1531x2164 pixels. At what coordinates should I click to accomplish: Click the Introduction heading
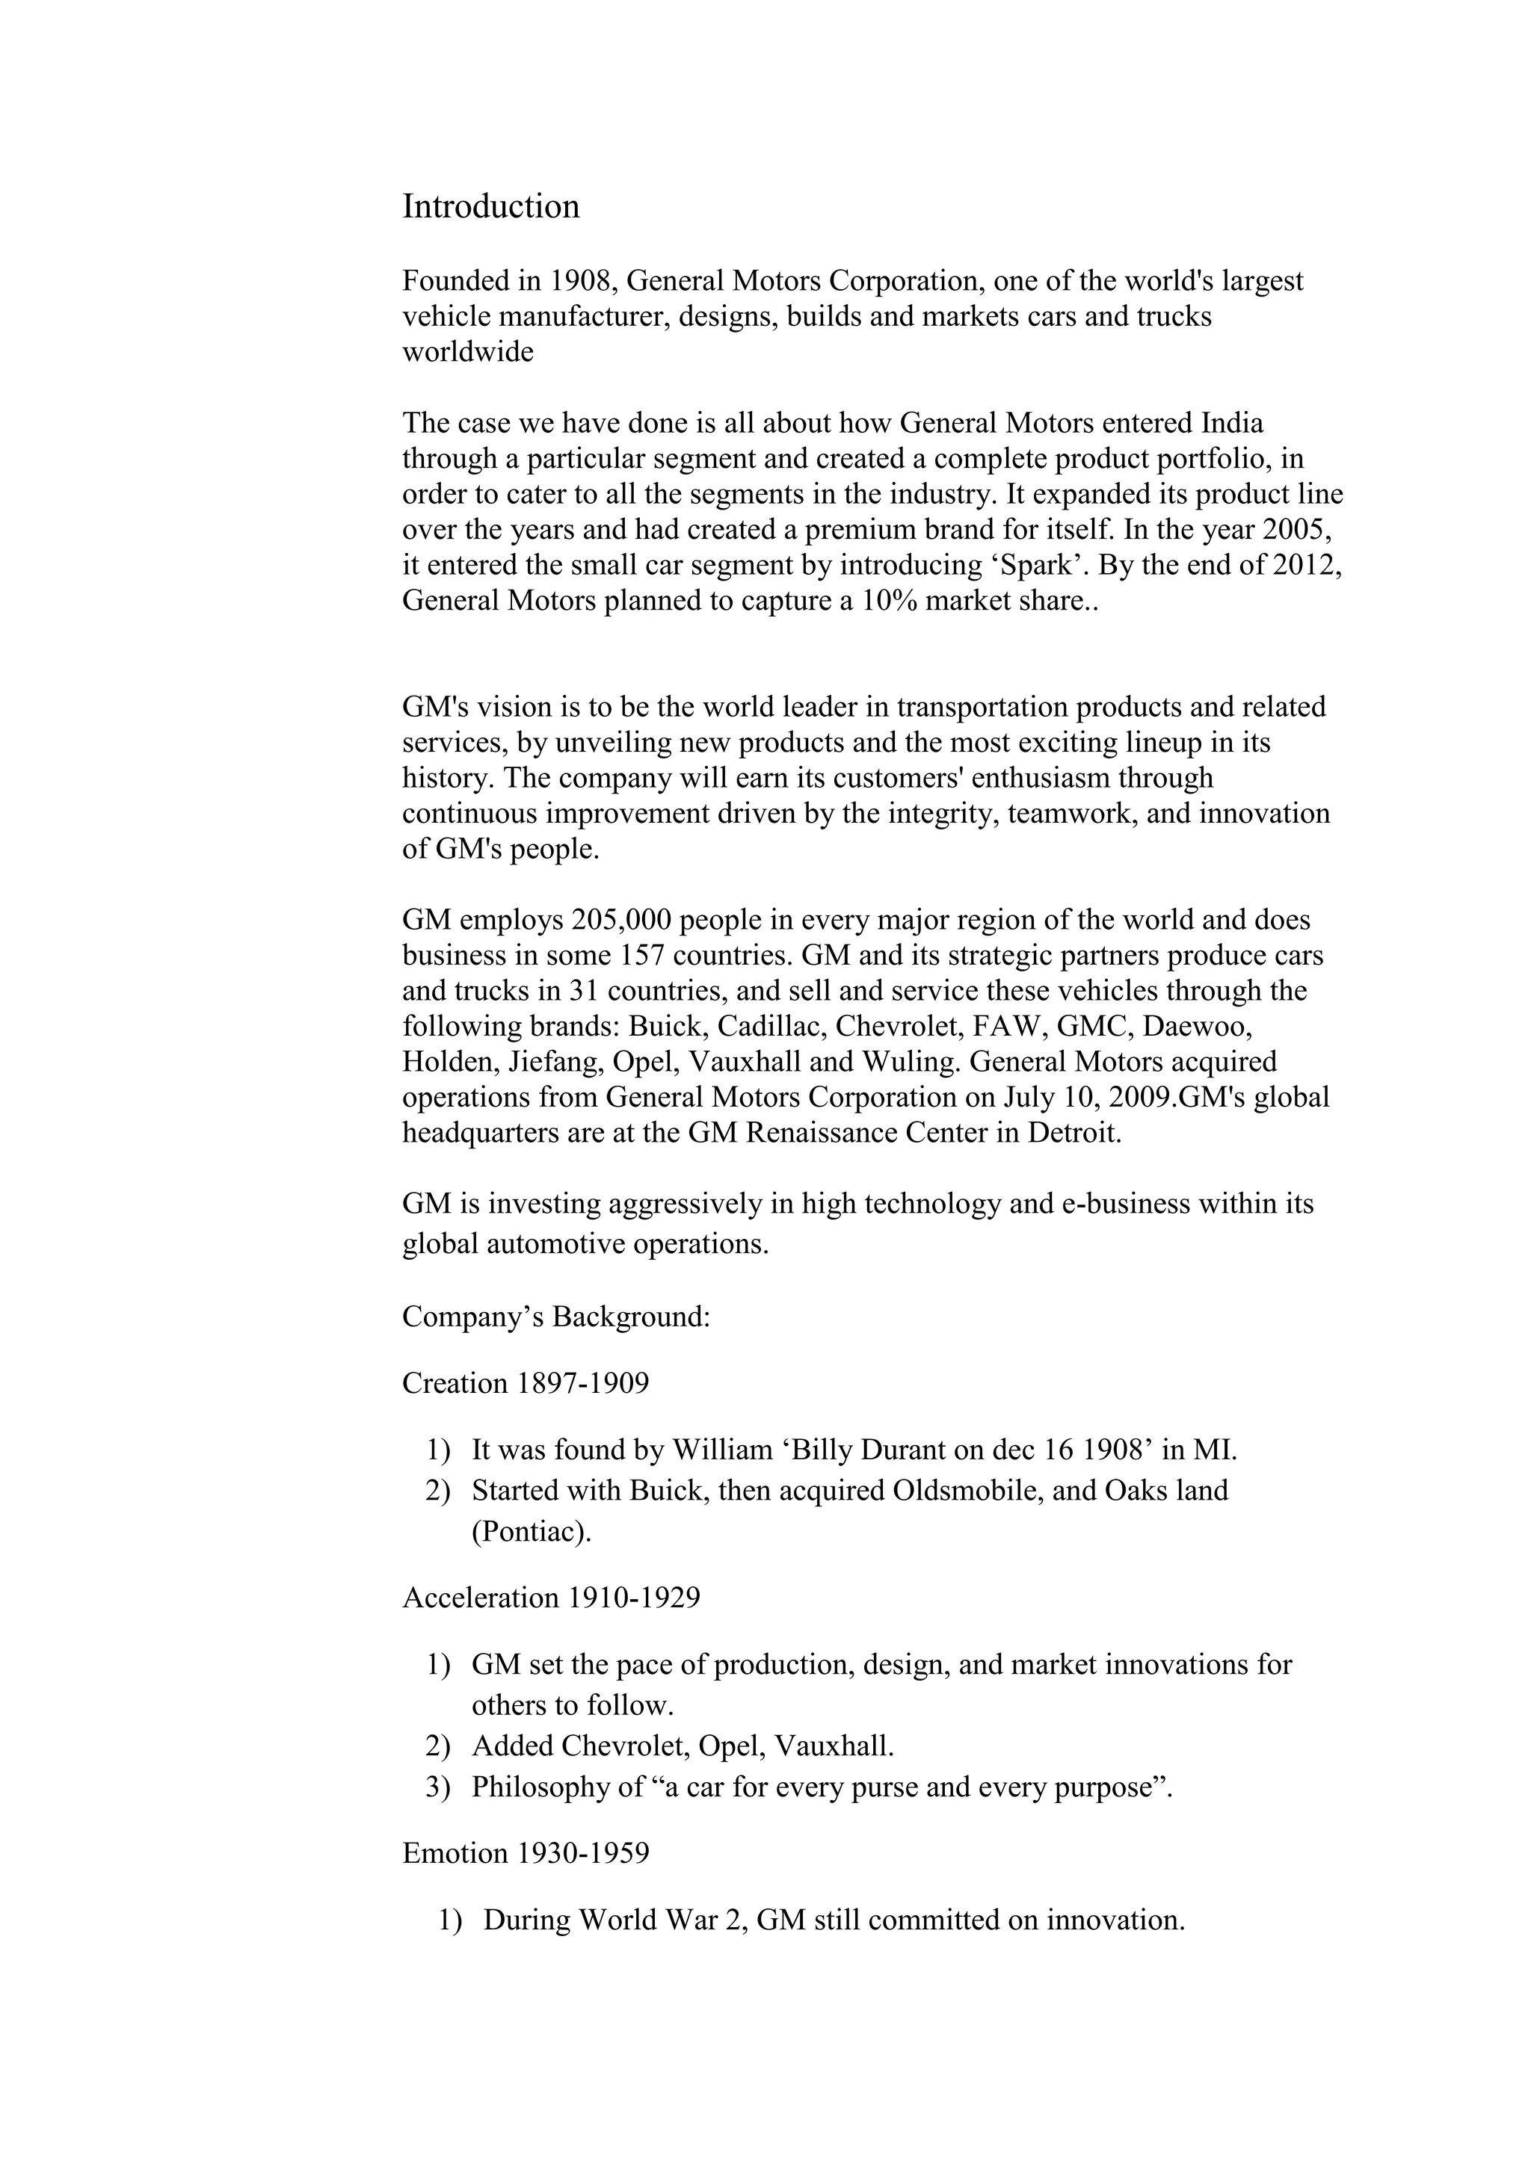tap(490, 207)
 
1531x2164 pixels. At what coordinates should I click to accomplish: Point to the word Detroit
tap(1073, 1133)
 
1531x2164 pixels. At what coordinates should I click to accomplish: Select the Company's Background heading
tap(555, 1317)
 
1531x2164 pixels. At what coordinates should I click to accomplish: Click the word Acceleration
tap(481, 1598)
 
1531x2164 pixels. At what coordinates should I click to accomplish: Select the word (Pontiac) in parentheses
tap(532, 1532)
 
